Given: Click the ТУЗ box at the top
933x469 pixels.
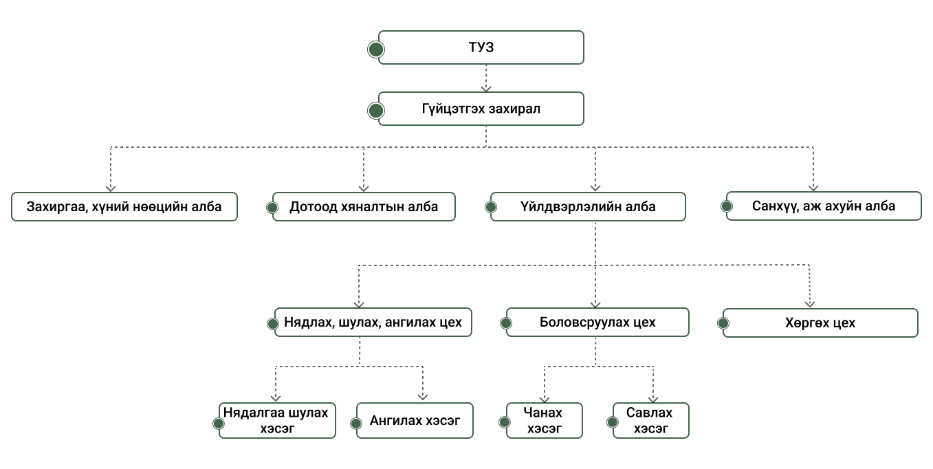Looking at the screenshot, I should (x=481, y=47).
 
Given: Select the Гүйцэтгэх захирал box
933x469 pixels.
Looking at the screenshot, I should (x=481, y=109).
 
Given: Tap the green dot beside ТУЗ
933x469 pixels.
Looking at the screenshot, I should (x=376, y=49).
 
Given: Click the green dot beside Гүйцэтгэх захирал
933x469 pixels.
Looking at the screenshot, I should (x=376, y=110).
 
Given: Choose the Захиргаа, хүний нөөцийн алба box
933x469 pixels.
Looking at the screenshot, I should (x=124, y=206).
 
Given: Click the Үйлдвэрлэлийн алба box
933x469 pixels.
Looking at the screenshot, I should (x=589, y=206).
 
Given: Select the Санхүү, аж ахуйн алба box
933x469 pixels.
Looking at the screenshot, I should (x=824, y=206).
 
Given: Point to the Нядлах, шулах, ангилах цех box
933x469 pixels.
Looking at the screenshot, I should (x=373, y=322).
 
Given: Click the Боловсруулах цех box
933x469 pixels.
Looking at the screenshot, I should (x=597, y=322).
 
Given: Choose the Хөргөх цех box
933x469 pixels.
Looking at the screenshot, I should (x=820, y=323).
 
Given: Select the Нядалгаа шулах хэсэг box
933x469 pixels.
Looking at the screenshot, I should (x=277, y=420).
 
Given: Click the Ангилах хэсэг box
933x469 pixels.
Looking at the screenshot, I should (x=415, y=420).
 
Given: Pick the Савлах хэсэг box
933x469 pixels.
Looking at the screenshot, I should (x=650, y=420).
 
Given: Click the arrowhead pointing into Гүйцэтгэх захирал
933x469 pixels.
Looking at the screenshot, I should (x=486, y=87).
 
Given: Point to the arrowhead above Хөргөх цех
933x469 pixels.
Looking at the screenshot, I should (x=810, y=303).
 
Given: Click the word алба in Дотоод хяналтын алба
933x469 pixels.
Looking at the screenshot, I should (x=421, y=206).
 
